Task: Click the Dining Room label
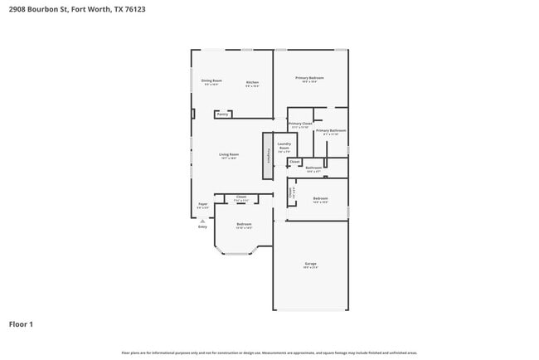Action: (211, 81)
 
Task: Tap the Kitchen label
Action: (253, 82)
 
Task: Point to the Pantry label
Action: (222, 114)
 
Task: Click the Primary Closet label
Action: (300, 124)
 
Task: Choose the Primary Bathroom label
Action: (330, 130)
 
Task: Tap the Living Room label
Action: (229, 154)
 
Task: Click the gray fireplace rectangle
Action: (268, 156)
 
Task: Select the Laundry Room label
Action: (284, 146)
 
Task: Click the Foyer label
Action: (202, 203)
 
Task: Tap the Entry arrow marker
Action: (202, 222)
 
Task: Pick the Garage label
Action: (310, 265)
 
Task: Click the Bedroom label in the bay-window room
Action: (243, 224)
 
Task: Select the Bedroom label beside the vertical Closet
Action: (320, 198)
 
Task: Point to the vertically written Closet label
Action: (290, 193)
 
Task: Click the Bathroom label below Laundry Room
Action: (313, 168)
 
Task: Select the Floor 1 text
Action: (21, 324)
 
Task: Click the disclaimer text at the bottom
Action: (269, 353)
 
